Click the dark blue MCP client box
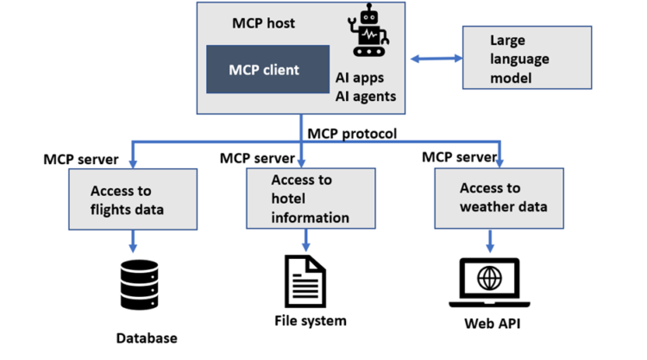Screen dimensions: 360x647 (267, 69)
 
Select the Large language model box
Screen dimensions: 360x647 (527, 57)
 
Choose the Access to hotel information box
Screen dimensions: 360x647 (311, 199)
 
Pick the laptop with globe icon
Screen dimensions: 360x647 (491, 283)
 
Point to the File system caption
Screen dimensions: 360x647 (310, 321)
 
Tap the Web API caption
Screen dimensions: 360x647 (491, 325)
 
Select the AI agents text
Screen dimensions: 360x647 (366, 97)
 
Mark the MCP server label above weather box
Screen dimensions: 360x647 (459, 157)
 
